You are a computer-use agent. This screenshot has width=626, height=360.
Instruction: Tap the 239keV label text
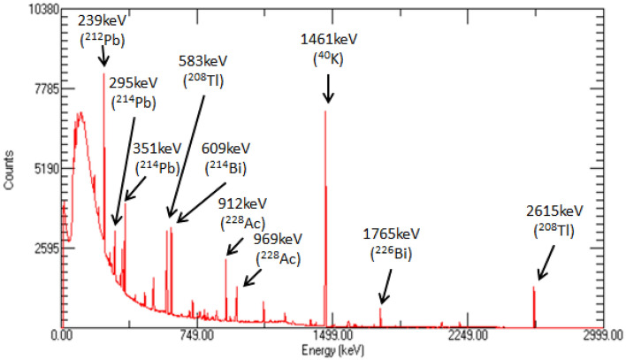[x=103, y=19]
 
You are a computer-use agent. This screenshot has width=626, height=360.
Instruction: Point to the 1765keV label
[x=392, y=234]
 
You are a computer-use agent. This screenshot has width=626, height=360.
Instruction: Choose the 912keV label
[x=241, y=203]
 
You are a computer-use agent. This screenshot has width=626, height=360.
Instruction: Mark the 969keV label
[x=278, y=240]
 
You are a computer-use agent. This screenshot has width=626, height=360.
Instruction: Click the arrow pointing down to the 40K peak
[x=329, y=88]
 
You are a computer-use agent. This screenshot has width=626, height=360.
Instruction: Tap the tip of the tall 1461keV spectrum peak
[x=325, y=111]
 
